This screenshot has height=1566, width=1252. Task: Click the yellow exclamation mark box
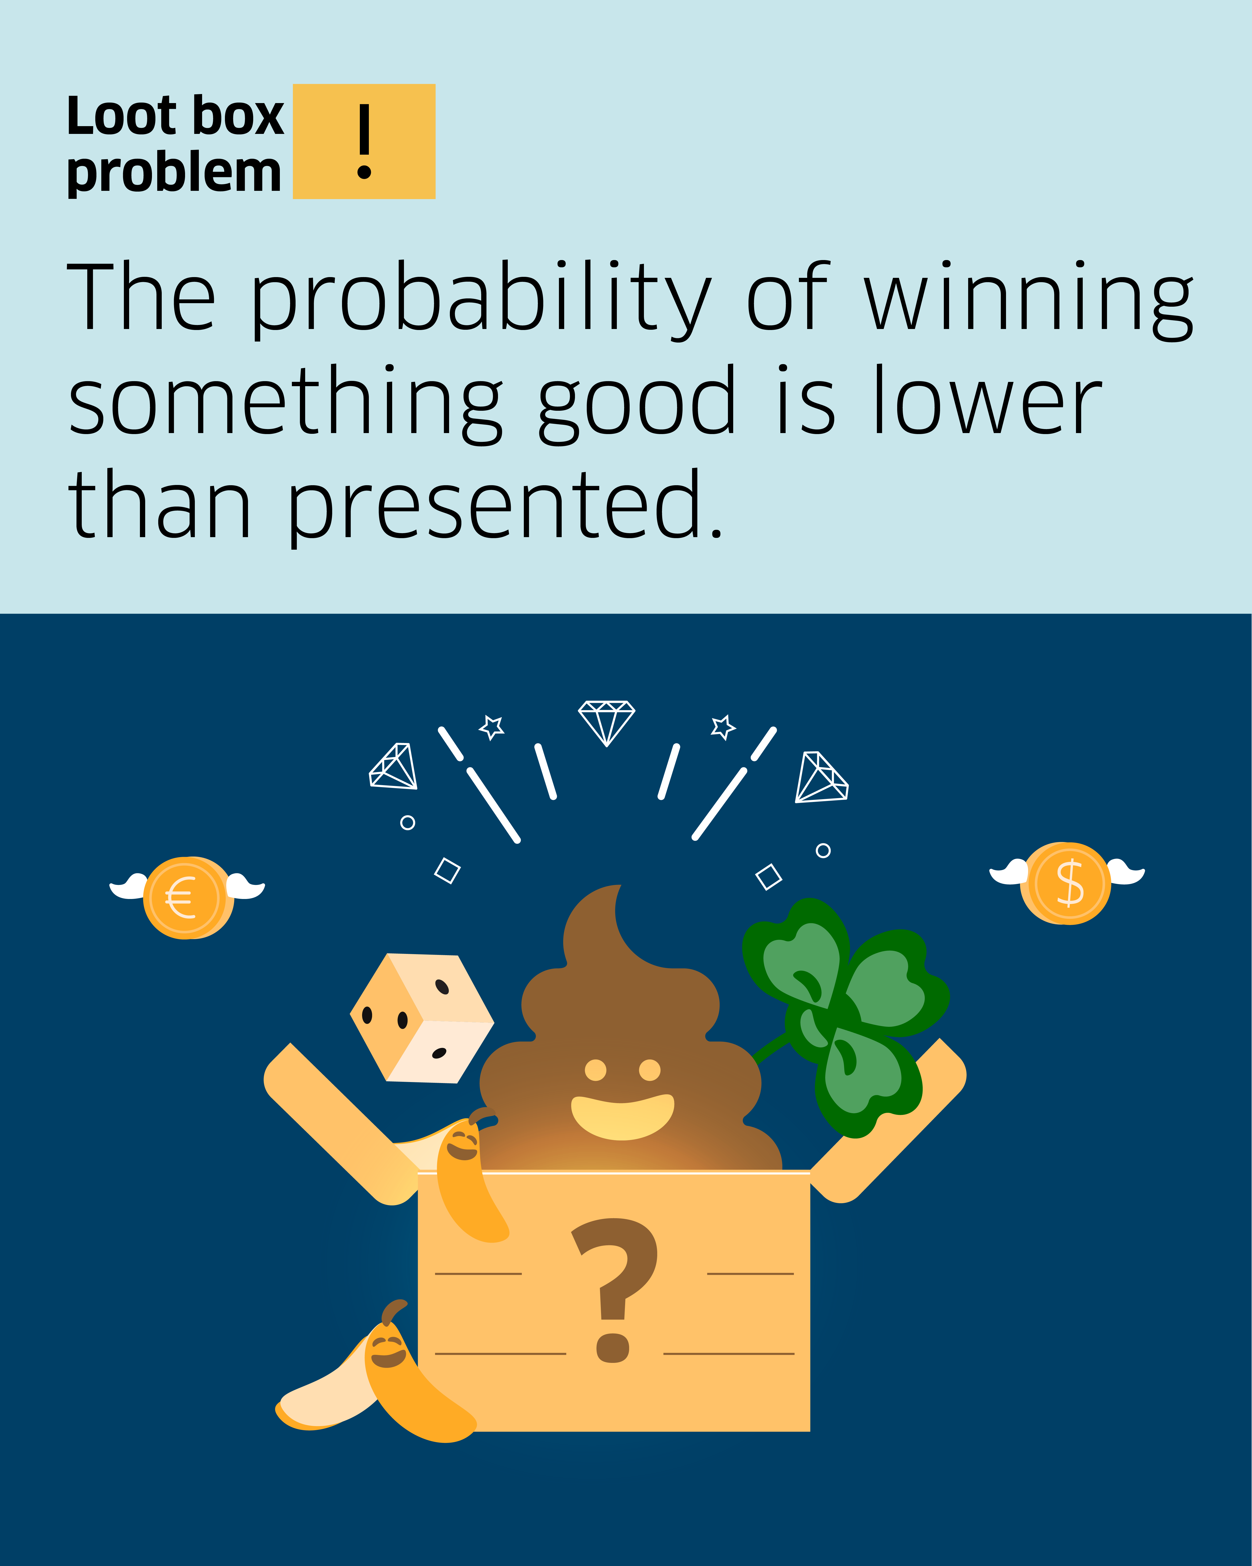pyautogui.click(x=364, y=141)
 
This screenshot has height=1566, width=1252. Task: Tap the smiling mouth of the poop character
pyautogui.click(x=622, y=1116)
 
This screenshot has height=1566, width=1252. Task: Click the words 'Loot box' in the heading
pyautogui.click(x=175, y=116)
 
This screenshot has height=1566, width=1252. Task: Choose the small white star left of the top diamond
pyautogui.click(x=492, y=726)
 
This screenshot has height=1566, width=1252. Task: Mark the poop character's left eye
pyautogui.click(x=596, y=1070)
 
